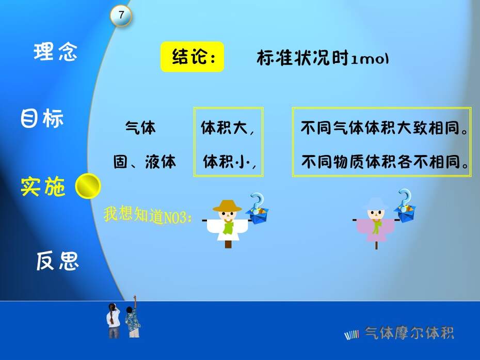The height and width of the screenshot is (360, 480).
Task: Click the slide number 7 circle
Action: tap(121, 15)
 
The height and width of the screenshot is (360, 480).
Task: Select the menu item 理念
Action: tap(55, 52)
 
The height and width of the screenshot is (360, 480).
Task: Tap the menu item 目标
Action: tap(42, 118)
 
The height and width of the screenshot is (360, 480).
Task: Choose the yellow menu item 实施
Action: tap(43, 186)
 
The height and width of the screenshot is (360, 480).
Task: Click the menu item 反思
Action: tap(58, 261)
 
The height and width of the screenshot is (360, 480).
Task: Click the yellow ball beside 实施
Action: tap(88, 186)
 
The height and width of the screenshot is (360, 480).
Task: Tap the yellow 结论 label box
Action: tap(192, 57)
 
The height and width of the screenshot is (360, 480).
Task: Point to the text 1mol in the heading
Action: tap(370, 58)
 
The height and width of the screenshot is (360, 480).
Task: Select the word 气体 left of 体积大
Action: tap(140, 127)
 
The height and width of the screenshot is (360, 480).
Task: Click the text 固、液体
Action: tap(145, 162)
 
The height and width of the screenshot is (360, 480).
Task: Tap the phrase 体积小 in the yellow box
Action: tap(227, 162)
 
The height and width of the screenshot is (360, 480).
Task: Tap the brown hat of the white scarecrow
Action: tap(227, 206)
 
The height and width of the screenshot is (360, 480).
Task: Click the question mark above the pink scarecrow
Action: tap(405, 198)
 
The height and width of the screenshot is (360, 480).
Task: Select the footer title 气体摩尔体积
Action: tap(409, 333)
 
